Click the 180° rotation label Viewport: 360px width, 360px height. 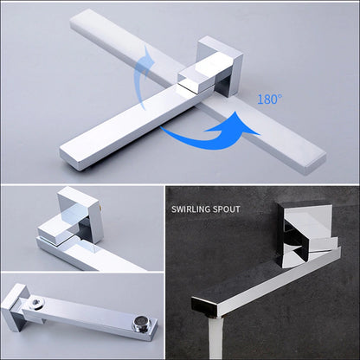click(x=269, y=99)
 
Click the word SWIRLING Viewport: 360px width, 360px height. click(x=195, y=209)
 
